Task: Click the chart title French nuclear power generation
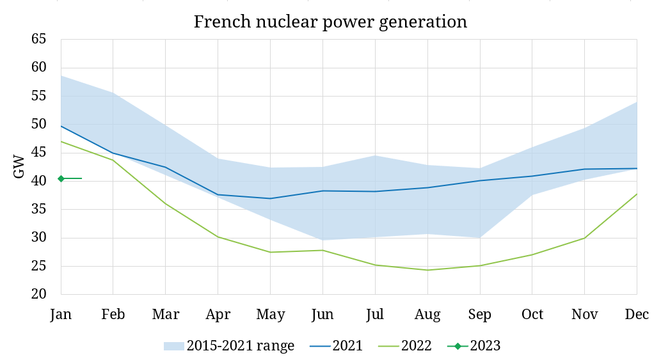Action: tap(330, 21)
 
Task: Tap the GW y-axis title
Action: tap(19, 166)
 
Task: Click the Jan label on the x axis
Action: tap(61, 315)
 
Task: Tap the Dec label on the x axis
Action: tap(637, 315)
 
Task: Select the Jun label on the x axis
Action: tap(323, 315)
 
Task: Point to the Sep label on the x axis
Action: tap(480, 315)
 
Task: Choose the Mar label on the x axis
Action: tap(166, 315)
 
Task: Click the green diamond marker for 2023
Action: tap(61, 178)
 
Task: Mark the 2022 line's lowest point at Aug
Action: tap(427, 270)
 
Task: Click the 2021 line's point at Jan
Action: tap(61, 126)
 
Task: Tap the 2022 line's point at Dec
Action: tap(637, 194)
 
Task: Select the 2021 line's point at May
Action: tap(270, 198)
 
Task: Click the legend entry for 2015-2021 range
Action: tap(229, 346)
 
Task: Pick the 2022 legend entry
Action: tap(405, 346)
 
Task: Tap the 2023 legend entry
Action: tap(474, 346)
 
